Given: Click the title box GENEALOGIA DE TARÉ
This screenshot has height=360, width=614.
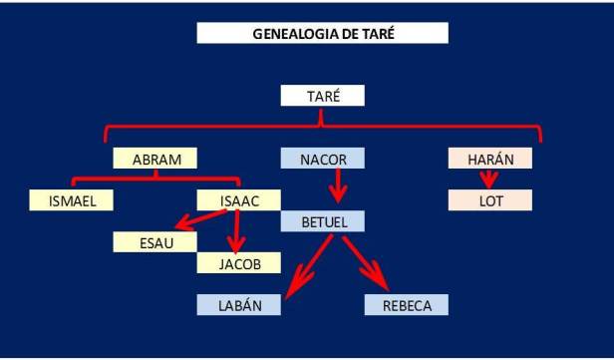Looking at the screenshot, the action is pyautogui.click(x=322, y=33).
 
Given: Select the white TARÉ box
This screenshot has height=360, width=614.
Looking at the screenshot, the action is pyautogui.click(x=322, y=96).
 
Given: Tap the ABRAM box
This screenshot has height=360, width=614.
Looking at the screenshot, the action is pyautogui.click(x=153, y=159).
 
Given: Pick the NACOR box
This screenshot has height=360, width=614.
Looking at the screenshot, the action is pyautogui.click(x=322, y=159).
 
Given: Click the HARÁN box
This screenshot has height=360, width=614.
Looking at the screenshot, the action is pyautogui.click(x=489, y=159).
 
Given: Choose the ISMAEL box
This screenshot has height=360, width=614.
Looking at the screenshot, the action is pyautogui.click(x=71, y=200).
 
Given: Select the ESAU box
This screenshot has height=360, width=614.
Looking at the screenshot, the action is pyautogui.click(x=154, y=242).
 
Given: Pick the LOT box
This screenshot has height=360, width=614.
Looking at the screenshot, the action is pyautogui.click(x=489, y=200).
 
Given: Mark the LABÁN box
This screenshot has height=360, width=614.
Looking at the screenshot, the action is pyautogui.click(x=239, y=305).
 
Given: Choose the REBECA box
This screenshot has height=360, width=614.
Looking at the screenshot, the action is pyautogui.click(x=407, y=305).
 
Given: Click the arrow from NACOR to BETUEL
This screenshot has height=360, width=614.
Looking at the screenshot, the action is pyautogui.click(x=338, y=185).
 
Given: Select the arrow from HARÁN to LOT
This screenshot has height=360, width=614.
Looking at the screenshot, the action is pyautogui.click(x=488, y=179).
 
